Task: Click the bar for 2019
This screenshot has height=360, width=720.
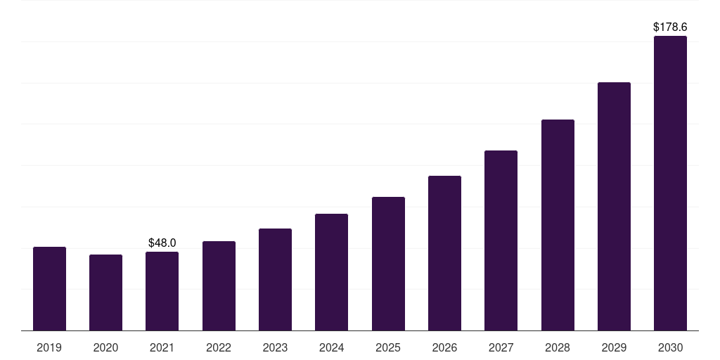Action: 49,289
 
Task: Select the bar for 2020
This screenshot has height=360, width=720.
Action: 105,292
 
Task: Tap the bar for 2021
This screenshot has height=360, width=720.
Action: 162,291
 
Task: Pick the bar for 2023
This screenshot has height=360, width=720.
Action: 275,280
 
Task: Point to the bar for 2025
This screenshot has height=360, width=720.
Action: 388,264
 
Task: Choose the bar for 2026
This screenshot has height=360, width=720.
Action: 444,253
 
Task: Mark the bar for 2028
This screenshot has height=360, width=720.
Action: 558,225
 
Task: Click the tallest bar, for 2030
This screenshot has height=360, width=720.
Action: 670,184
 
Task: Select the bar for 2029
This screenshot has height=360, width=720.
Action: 614,207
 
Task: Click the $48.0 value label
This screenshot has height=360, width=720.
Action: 162,243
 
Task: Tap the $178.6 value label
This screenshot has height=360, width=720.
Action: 670,27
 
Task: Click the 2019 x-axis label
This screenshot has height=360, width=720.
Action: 49,348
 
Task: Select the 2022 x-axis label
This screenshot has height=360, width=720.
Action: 219,348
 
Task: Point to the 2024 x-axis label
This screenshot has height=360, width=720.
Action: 331,348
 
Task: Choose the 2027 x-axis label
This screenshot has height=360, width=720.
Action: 501,348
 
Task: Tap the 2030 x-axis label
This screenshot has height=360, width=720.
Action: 670,348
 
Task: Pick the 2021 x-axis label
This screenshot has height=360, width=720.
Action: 162,348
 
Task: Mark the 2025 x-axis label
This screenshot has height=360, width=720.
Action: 388,348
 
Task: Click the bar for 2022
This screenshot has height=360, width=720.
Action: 219,286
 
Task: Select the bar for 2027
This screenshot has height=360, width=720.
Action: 501,240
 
